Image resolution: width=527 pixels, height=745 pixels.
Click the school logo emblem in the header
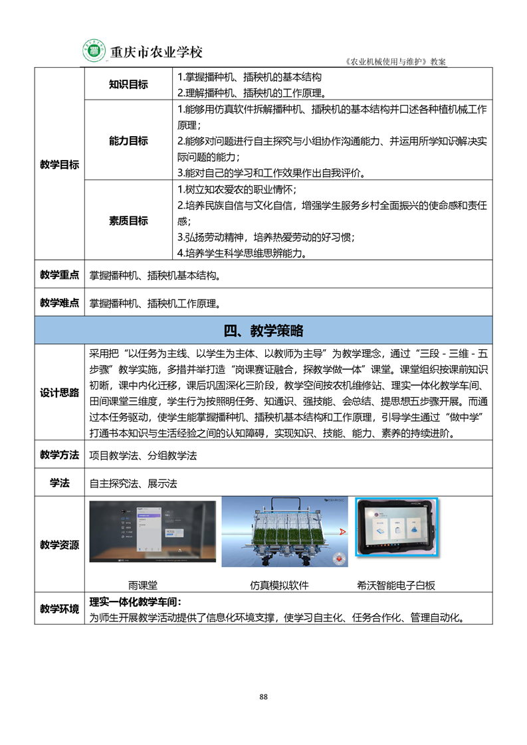95,50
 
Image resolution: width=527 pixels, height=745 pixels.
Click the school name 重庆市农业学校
156,52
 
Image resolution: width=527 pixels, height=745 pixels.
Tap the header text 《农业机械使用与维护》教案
396,61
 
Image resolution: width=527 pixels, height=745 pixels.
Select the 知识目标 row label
128,84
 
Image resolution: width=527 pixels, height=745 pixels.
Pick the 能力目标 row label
128,141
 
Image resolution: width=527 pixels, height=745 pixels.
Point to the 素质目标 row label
128,221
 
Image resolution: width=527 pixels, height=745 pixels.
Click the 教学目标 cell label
59,165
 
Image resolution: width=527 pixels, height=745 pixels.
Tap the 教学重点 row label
59,275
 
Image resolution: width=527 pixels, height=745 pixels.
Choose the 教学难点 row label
59,303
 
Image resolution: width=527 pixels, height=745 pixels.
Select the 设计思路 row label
59,392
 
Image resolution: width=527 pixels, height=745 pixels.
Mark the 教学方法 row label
59,455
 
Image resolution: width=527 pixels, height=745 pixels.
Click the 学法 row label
59,483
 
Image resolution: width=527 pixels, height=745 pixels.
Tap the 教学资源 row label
59,544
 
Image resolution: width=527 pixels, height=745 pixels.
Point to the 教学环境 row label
59,609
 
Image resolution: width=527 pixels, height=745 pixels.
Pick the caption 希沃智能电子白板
396,585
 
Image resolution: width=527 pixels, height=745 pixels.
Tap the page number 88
263,697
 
